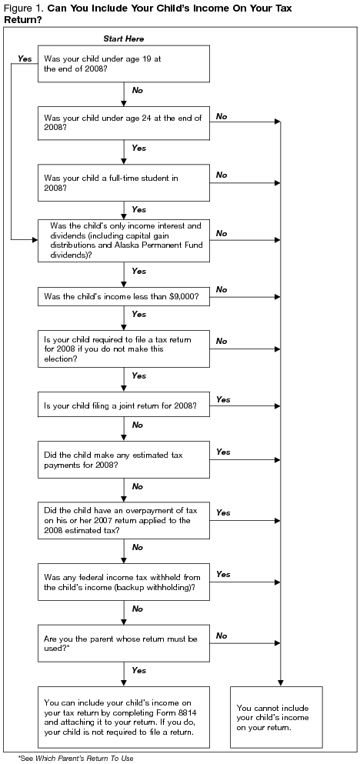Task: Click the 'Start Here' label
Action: pos(123,38)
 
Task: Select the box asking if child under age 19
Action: pos(123,63)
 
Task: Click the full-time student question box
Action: pos(123,182)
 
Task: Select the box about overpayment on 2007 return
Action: pos(123,519)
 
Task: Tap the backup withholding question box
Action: pos(123,582)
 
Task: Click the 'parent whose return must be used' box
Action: pos(123,642)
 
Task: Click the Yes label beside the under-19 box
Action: pos(25,58)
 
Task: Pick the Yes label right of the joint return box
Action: pos(224,399)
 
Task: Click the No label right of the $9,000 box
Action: pos(222,289)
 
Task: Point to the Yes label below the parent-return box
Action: pos(138,670)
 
